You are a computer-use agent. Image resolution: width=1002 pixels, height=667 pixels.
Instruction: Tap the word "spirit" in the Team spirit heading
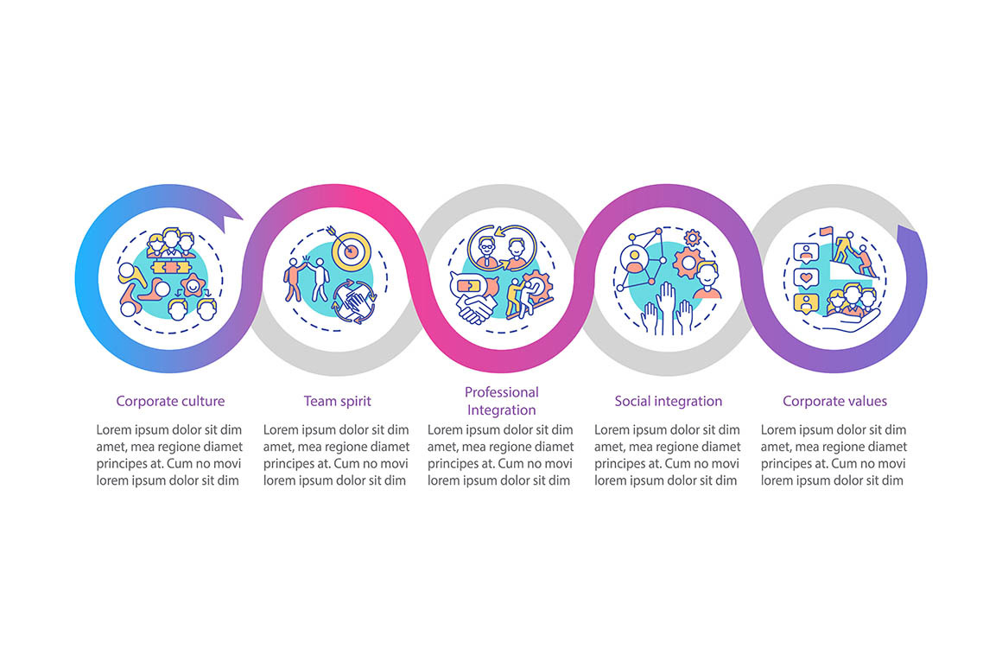[355, 402]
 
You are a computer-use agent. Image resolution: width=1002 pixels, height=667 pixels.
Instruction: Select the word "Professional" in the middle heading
[502, 392]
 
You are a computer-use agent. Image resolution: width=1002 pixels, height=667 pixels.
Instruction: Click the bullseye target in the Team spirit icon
[350, 250]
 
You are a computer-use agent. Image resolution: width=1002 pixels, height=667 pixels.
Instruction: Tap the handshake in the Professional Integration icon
[475, 308]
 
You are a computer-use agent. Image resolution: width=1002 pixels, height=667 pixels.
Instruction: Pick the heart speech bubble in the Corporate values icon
[806, 278]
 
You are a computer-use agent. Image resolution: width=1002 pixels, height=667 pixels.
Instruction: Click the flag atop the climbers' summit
[827, 231]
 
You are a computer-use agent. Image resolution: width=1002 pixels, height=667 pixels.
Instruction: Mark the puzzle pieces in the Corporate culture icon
[169, 267]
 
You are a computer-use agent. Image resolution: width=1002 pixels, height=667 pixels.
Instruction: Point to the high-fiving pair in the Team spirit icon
[306, 278]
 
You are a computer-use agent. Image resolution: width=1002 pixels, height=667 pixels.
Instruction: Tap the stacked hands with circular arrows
[354, 301]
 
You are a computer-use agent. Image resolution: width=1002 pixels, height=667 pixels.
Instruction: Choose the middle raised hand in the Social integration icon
[667, 308]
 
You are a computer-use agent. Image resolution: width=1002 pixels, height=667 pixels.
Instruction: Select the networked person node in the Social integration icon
[635, 257]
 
